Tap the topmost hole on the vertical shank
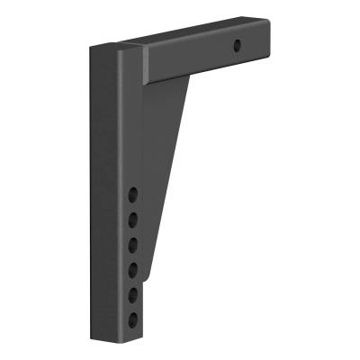pyautogui.click(x=133, y=193)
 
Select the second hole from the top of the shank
pyautogui.click(x=133, y=219)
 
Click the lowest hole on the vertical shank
pyautogui.click(x=133, y=319)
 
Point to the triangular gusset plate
pyautogui.click(x=166, y=162)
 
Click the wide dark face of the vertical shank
pyautogui.click(x=103, y=198)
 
